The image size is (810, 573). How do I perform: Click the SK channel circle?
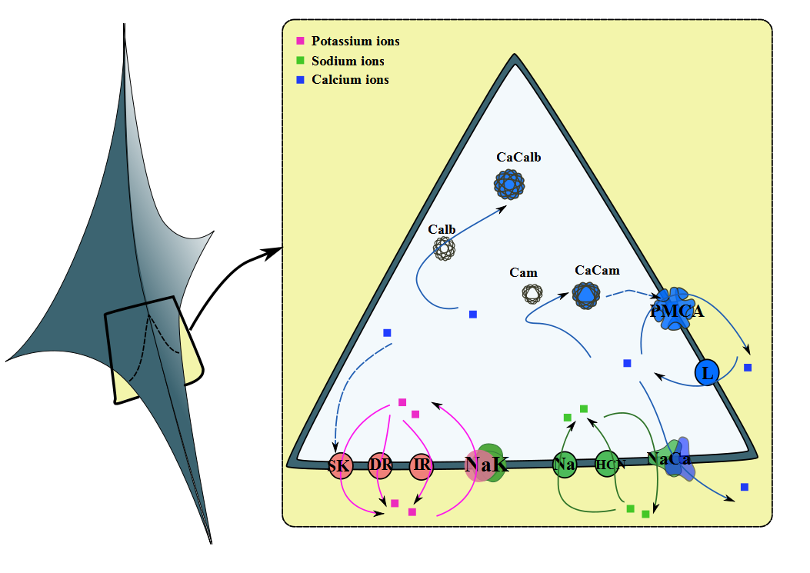click(340, 466)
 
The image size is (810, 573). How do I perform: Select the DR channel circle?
click(380, 465)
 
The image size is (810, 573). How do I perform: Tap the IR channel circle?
click(421, 465)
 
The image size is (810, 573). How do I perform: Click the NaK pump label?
click(486, 465)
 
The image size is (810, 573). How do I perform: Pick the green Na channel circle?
click(565, 465)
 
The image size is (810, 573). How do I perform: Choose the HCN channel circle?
click(607, 465)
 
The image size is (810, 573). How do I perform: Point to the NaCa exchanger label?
click(669, 459)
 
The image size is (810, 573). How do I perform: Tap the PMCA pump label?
click(677, 311)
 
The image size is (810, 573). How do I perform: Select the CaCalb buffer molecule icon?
click(508, 184)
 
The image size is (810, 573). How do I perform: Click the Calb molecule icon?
click(444, 248)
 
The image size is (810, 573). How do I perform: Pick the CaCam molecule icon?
click(587, 294)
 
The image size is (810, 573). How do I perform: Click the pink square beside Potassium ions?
click(300, 41)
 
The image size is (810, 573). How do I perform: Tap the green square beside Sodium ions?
click(300, 61)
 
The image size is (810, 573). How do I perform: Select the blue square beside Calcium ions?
click(300, 80)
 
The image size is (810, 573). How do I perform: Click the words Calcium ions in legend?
click(350, 80)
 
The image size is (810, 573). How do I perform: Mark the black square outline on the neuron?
click(154, 350)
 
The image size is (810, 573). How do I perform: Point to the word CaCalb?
click(518, 158)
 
